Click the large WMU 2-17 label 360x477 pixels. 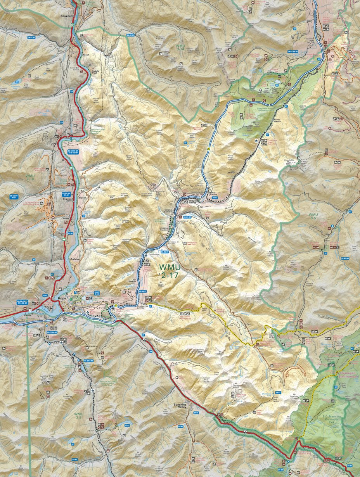tap(169, 270)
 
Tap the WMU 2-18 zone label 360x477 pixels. tap(30, 178)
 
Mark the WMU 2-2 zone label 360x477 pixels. tap(78, 416)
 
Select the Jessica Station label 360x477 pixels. tap(164, 229)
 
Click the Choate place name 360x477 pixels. tap(65, 218)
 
